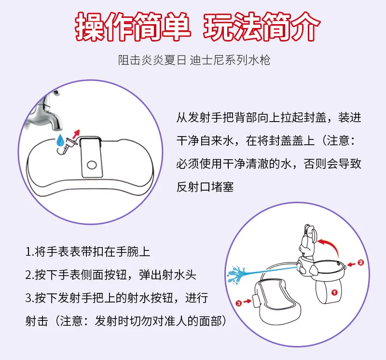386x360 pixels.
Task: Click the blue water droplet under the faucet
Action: click(x=60, y=140)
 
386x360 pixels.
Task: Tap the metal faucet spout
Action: click(x=47, y=112)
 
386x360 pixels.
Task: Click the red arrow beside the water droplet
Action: click(x=77, y=134)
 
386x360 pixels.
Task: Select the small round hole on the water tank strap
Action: click(x=92, y=165)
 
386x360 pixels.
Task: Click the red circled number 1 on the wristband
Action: click(x=334, y=292)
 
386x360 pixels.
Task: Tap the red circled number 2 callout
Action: click(x=360, y=263)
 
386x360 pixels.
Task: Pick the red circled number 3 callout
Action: click(x=238, y=303)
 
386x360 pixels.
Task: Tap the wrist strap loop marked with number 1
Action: click(x=328, y=290)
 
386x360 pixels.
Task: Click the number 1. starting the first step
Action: click(x=29, y=252)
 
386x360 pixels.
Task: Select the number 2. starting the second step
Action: click(x=29, y=275)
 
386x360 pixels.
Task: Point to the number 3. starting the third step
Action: click(x=29, y=298)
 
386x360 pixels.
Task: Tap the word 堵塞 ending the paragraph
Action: click(x=222, y=187)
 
